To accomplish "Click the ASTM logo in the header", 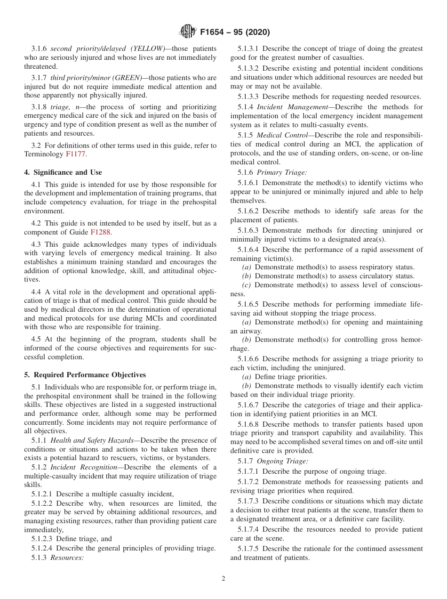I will (188, 32).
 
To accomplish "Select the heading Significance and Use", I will (63, 172).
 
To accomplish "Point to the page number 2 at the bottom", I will (223, 578).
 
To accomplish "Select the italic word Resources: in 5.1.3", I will (67, 557).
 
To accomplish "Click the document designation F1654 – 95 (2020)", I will (235, 32).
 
